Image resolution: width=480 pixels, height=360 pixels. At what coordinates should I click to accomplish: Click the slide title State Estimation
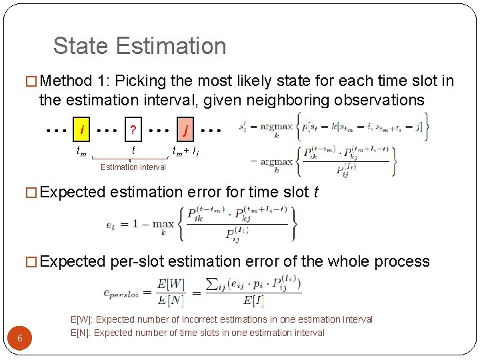tap(139, 46)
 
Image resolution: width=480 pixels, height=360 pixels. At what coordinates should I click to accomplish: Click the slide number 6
tap(20, 338)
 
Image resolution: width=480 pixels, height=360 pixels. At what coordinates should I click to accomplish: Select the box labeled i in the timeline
tap(81, 129)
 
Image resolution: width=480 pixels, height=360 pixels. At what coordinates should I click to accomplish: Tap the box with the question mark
tap(133, 129)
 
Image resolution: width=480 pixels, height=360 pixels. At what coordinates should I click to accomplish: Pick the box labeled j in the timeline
tap(185, 129)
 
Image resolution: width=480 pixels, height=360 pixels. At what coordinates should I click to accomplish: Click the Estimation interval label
tap(133, 167)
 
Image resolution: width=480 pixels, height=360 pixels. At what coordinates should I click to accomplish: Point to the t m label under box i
tap(81, 152)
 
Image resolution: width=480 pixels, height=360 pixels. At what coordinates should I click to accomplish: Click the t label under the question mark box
tap(134, 151)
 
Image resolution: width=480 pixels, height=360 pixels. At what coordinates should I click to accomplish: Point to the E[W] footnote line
tap(221, 320)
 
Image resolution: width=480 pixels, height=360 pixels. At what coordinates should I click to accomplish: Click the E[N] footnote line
tap(197, 333)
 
